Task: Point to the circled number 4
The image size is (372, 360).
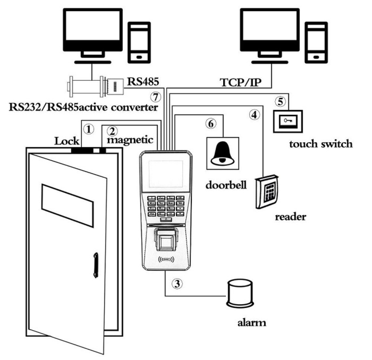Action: pos(253,113)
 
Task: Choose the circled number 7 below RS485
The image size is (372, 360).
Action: pos(155,97)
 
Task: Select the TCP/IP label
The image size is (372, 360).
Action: pos(240,82)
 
